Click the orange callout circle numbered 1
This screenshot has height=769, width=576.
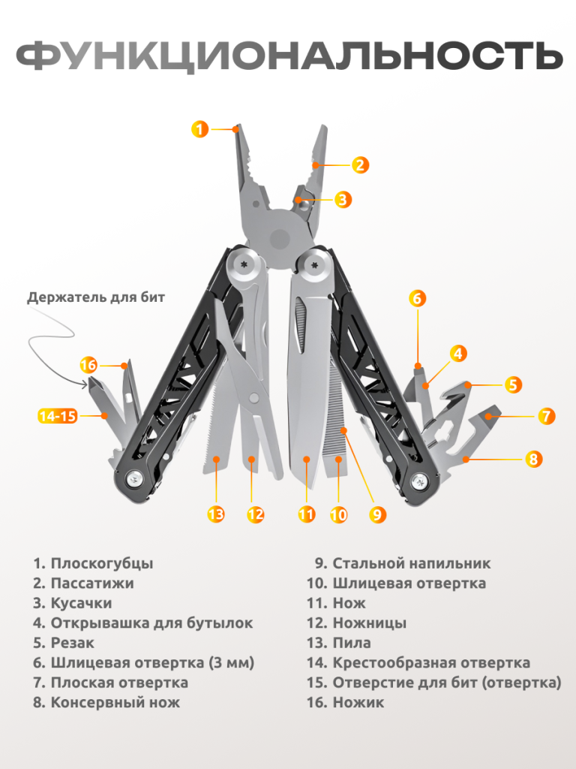199,129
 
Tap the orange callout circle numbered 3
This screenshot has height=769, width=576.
343,199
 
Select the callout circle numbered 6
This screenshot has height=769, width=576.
417,298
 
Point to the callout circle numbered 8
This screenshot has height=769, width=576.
533,459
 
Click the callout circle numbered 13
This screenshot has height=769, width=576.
216,514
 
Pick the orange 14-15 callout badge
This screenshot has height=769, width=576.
58,416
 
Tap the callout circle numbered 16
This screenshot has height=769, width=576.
88,365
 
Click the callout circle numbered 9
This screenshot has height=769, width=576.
377,514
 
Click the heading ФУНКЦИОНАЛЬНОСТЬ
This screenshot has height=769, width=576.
289,55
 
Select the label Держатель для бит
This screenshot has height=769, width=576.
96,297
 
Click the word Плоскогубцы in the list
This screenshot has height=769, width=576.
102,563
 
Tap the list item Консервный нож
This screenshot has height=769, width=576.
115,702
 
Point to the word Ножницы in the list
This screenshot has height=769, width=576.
369,623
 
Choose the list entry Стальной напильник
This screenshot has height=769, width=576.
412,563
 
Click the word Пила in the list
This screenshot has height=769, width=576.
352,643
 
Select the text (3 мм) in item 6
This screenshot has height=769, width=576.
232,663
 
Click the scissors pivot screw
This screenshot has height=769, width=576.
254,397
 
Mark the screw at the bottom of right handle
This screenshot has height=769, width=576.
419,481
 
